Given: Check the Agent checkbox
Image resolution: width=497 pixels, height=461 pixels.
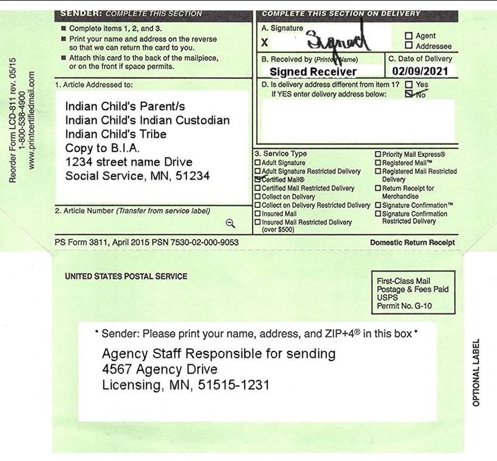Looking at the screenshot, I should click(x=409, y=36).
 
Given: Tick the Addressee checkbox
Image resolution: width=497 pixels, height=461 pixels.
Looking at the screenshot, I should click(x=409, y=46).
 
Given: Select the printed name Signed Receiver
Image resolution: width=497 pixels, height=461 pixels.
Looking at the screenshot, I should click(x=313, y=72).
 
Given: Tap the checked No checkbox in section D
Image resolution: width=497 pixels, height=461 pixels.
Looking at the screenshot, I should click(x=409, y=94).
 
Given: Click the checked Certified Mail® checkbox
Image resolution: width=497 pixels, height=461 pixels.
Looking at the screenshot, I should click(x=258, y=179).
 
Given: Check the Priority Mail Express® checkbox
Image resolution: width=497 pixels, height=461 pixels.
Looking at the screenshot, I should click(x=378, y=155).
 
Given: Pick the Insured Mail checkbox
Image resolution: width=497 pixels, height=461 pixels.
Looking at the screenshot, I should click(x=258, y=214).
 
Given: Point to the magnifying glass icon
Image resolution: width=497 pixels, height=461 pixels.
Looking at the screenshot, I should click(x=230, y=223).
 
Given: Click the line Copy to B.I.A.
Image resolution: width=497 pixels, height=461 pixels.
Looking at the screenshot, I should click(x=102, y=148).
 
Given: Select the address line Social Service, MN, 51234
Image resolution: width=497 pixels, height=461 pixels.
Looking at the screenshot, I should click(x=137, y=176).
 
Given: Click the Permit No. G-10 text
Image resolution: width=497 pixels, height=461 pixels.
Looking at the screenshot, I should click(x=405, y=306).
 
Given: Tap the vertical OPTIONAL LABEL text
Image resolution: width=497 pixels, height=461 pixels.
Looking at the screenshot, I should click(x=476, y=373).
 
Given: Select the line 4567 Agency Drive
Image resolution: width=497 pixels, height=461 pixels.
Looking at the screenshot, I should click(x=160, y=370).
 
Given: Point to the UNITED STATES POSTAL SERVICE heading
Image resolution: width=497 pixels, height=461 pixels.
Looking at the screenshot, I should click(x=126, y=276).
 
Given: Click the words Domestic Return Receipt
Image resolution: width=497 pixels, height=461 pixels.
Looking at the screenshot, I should click(x=412, y=243).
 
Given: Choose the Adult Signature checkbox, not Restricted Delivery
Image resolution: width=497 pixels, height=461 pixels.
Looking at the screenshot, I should click(x=258, y=163).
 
